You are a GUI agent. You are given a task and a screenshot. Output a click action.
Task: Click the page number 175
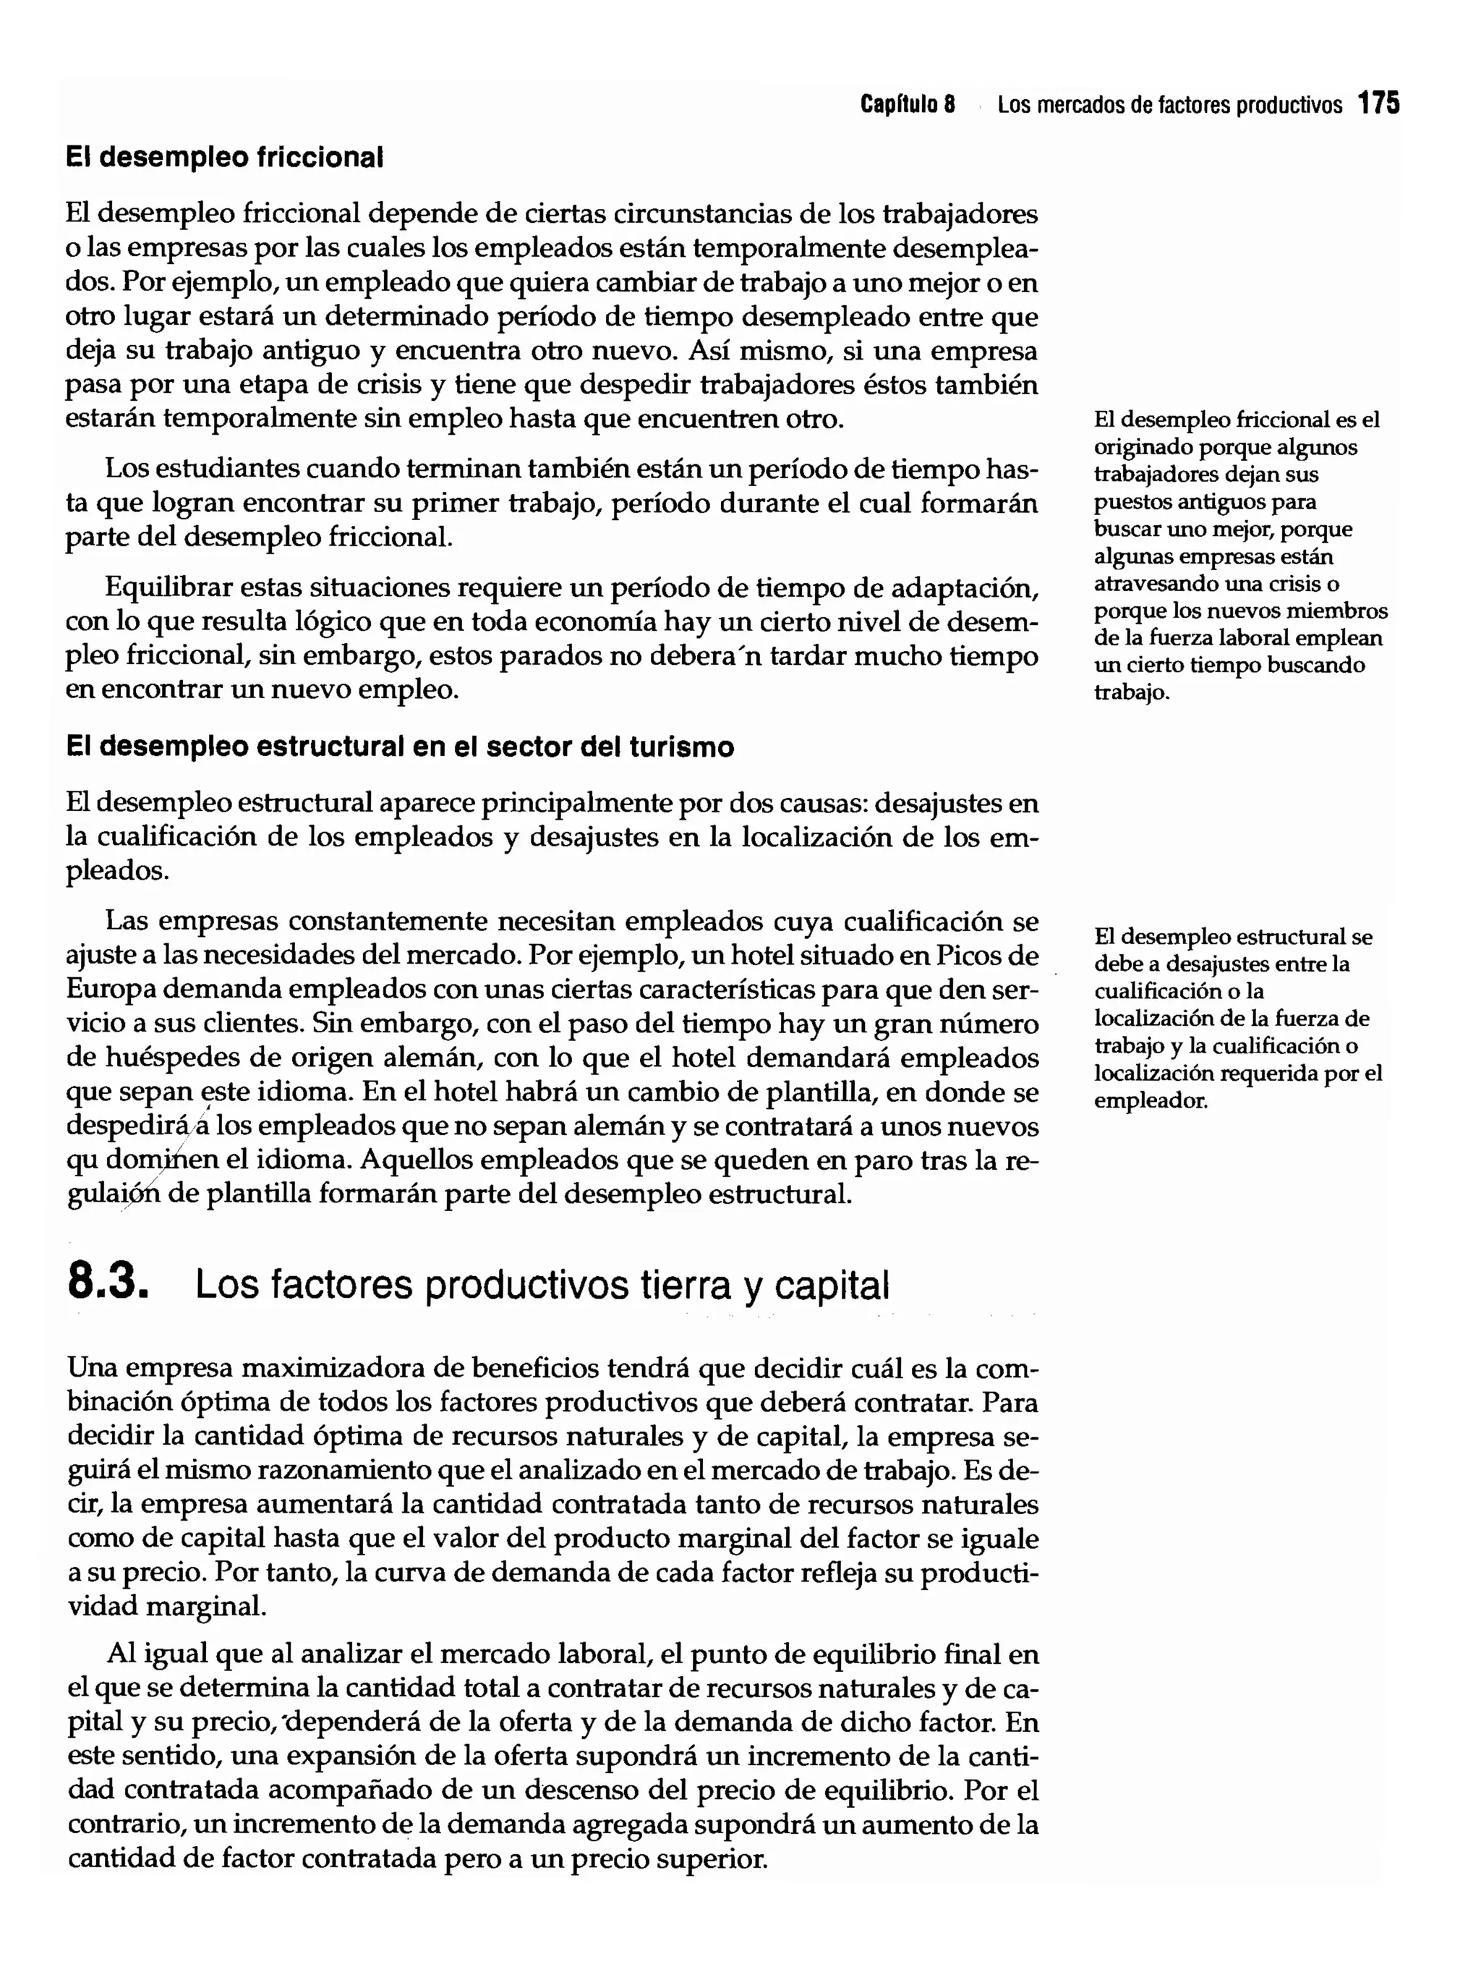point(1379,104)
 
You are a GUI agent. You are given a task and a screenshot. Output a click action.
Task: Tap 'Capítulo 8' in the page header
point(908,105)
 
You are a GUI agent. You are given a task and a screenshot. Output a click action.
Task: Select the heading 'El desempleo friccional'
point(225,158)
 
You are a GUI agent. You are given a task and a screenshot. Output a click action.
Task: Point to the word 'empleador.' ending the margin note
point(1151,1101)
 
